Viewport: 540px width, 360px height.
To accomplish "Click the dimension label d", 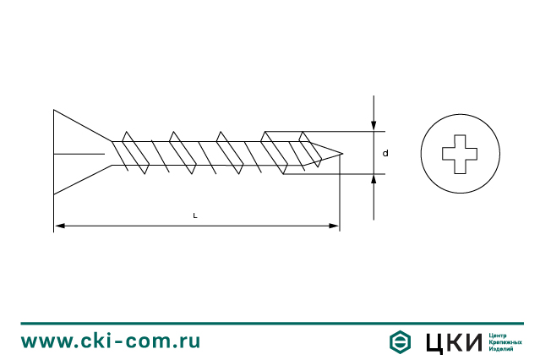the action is [x=385, y=153].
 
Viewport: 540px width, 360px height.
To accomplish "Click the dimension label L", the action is [x=195, y=215].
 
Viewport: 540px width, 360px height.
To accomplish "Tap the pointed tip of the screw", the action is [x=342, y=153].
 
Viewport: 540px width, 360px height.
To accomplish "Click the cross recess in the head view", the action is [x=460, y=154].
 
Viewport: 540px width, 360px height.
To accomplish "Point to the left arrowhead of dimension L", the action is [x=60, y=226].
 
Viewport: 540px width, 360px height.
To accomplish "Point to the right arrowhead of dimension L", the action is [x=334, y=226].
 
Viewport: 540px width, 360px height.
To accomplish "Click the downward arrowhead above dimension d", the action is [x=374, y=126].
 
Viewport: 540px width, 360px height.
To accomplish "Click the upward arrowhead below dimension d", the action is [x=374, y=180].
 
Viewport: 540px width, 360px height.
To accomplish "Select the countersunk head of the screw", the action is [x=83, y=152].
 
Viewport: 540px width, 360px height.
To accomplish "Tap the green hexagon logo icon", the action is [x=400, y=341].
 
